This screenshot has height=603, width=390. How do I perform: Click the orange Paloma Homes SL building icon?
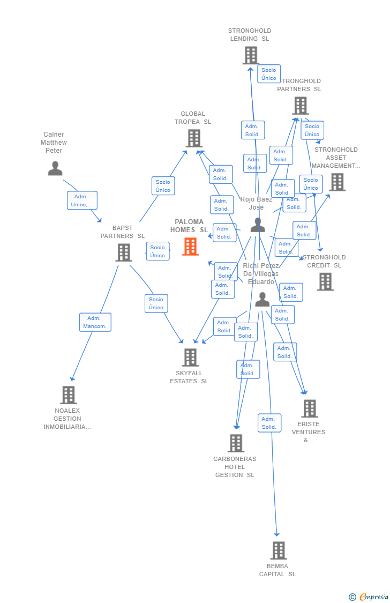[190, 247]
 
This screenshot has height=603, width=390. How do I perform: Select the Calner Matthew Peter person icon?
[55, 168]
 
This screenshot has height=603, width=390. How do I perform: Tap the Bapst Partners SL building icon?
[124, 252]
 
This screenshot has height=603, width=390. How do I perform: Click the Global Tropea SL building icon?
[194, 138]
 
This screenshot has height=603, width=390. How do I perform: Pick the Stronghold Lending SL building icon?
[251, 55]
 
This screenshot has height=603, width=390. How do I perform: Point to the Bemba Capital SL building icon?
[278, 550]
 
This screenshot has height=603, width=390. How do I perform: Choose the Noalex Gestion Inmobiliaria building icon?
[68, 395]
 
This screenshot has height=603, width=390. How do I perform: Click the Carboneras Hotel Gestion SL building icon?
[236, 443]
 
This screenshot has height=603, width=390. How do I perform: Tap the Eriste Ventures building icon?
[309, 408]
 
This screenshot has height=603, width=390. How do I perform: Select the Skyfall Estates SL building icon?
[190, 358]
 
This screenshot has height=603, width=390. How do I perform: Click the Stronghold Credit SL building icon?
[325, 281]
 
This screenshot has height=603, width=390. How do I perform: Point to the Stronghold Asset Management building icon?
[337, 182]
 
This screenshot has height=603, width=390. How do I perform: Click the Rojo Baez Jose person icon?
[258, 225]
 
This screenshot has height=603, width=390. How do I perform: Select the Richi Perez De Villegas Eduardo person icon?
[262, 300]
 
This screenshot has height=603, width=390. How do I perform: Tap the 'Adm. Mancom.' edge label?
[95, 322]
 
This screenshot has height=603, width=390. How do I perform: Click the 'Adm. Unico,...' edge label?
[82, 200]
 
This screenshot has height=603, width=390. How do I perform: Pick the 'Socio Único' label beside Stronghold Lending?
[269, 74]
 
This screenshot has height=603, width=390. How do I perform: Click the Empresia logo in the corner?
[369, 597]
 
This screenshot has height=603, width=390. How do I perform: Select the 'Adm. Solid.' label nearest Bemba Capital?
[269, 423]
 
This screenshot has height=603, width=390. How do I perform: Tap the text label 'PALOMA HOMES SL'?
[189, 226]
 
